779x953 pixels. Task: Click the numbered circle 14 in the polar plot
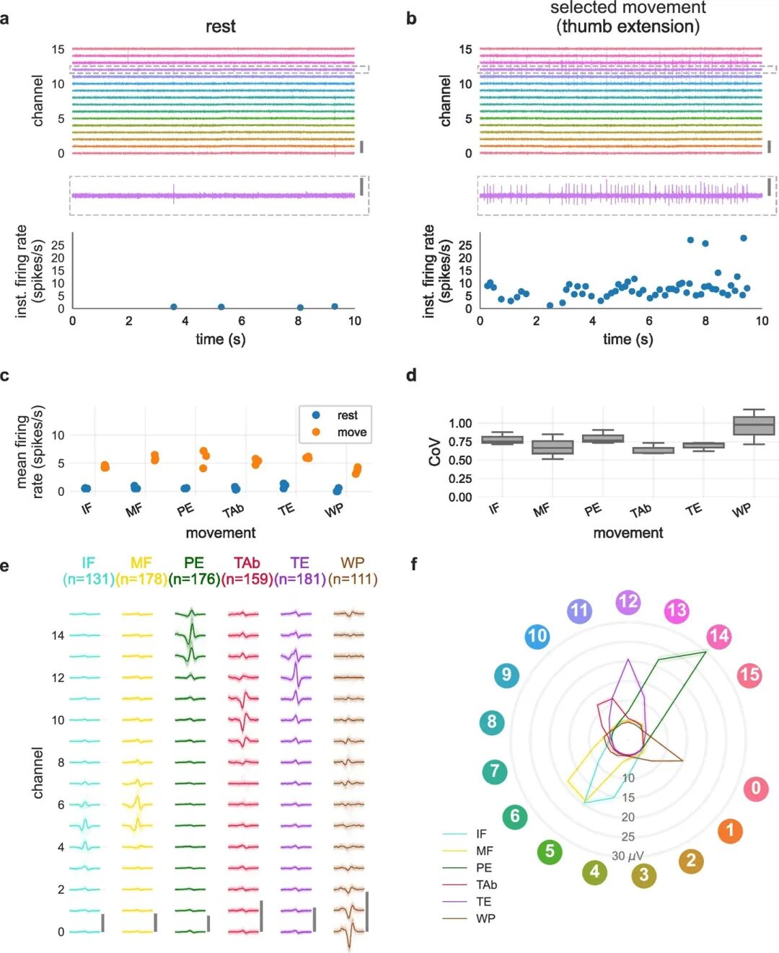pyautogui.click(x=719, y=637)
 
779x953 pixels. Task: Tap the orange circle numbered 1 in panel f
pyautogui.click(x=729, y=830)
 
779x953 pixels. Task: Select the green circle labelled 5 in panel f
pyautogui.click(x=550, y=851)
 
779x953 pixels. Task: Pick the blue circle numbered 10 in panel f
pyautogui.click(x=537, y=637)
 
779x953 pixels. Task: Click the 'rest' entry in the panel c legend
pyautogui.click(x=347, y=415)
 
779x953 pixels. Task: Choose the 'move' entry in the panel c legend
pyautogui.click(x=351, y=433)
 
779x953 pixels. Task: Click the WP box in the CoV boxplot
pyautogui.click(x=754, y=425)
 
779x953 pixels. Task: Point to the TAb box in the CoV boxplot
pyautogui.click(x=653, y=450)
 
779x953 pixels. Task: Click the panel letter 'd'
pyautogui.click(x=411, y=376)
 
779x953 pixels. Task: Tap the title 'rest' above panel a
pyautogui.click(x=220, y=27)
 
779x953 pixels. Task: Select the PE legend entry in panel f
pyautogui.click(x=484, y=868)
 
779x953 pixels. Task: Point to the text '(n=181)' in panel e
pyautogui.click(x=300, y=579)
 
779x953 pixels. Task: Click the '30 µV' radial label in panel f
pyautogui.click(x=628, y=856)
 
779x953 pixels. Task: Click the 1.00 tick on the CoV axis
pyautogui.click(x=460, y=423)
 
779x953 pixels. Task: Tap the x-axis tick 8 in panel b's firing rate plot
pyautogui.click(x=705, y=321)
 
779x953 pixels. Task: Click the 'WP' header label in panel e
pyautogui.click(x=352, y=563)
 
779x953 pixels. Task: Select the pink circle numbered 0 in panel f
pyautogui.click(x=756, y=789)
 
